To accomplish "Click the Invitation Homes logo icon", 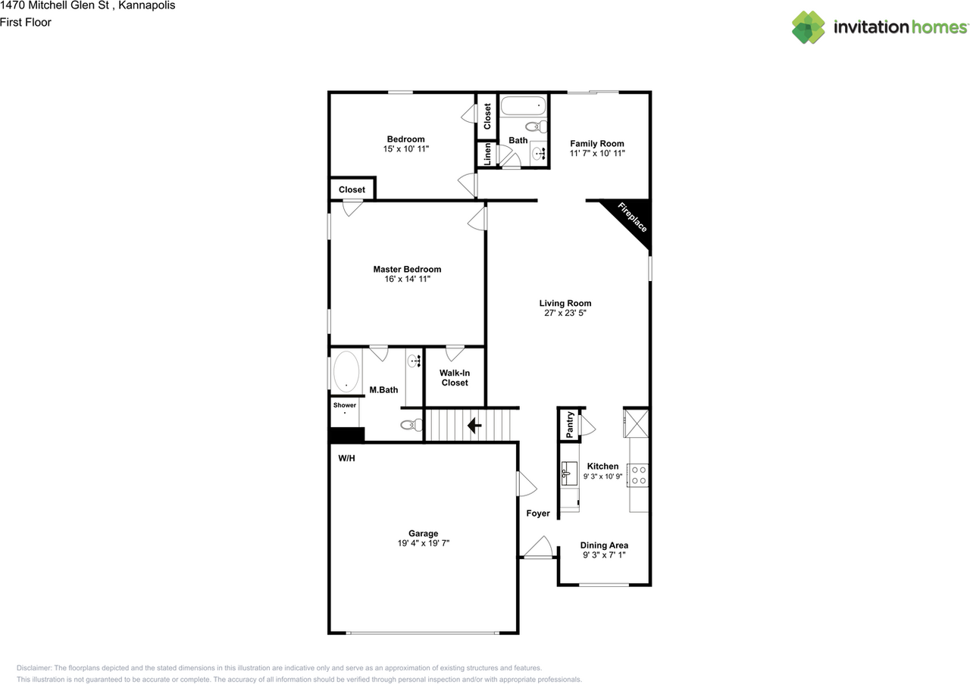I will tap(808, 27).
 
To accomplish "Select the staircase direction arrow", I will tap(475, 426).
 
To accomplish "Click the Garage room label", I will tap(423, 533).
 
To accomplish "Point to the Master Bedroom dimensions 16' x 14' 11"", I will tap(407, 280).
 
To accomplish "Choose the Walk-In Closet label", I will tap(454, 378).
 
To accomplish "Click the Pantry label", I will tap(568, 425).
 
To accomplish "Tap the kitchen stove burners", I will tap(639, 475).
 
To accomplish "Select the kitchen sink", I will tap(569, 475).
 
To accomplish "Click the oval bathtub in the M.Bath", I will tap(347, 371).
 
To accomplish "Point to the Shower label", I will tap(344, 405).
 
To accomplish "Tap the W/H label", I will tap(347, 458).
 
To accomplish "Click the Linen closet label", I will tap(487, 155).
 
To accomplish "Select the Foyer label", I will tap(538, 514).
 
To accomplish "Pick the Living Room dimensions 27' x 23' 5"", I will tap(565, 313).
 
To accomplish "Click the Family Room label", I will tap(597, 143).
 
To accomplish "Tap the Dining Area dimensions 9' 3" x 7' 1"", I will tap(604, 555).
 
